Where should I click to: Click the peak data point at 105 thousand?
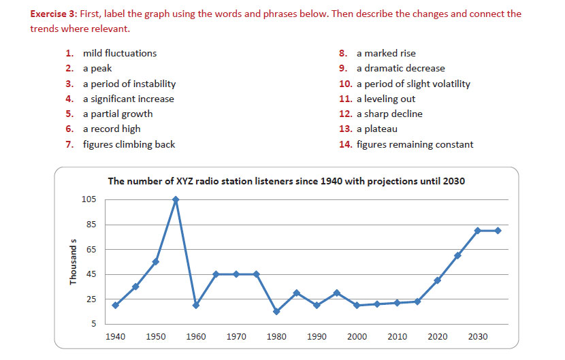pos(176,199)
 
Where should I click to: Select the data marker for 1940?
pos(115,305)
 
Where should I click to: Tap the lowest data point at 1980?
pos(276,312)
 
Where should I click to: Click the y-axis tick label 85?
pos(90,225)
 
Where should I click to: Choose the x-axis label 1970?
pos(236,337)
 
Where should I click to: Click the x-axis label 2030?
pos(478,337)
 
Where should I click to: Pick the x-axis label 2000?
pos(357,337)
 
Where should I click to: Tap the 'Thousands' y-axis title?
pos(74,261)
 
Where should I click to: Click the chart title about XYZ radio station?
pos(286,182)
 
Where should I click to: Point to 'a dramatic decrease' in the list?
pos(400,68)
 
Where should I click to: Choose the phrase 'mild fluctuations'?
pos(120,53)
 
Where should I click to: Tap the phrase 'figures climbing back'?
pos(129,144)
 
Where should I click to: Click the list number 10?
pos(344,84)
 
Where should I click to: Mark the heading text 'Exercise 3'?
pos(54,14)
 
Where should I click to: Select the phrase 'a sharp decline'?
pos(389,114)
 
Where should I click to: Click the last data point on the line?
pos(498,231)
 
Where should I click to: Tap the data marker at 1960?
pos(196,305)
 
